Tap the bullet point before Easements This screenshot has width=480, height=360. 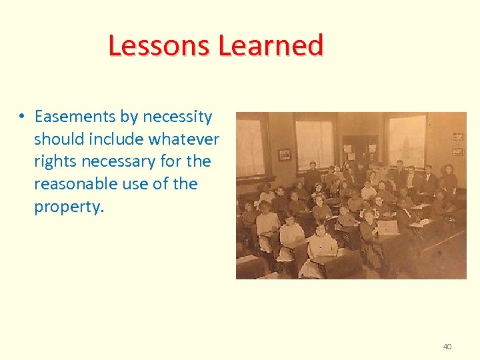[21, 117]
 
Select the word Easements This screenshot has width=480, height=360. [75, 117]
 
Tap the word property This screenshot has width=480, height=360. [69, 207]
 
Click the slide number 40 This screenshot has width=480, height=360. [447, 347]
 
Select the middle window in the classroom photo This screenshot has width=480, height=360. [313, 143]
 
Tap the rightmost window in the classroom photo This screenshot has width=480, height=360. [405, 139]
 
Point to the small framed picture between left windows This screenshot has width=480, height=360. [285, 154]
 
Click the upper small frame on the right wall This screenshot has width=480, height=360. [457, 137]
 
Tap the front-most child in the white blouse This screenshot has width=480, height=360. [321, 248]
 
